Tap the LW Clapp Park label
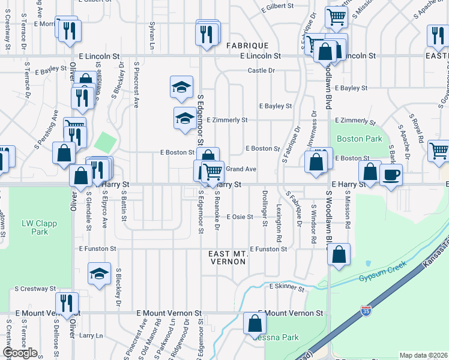click(x=35, y=227)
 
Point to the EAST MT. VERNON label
click(x=228, y=258)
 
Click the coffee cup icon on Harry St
click(x=391, y=175)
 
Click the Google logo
click(x=20, y=352)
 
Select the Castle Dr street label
click(x=261, y=71)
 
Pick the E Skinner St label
click(x=287, y=287)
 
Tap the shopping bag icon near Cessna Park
click(x=255, y=324)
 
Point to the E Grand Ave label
click(x=241, y=169)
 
